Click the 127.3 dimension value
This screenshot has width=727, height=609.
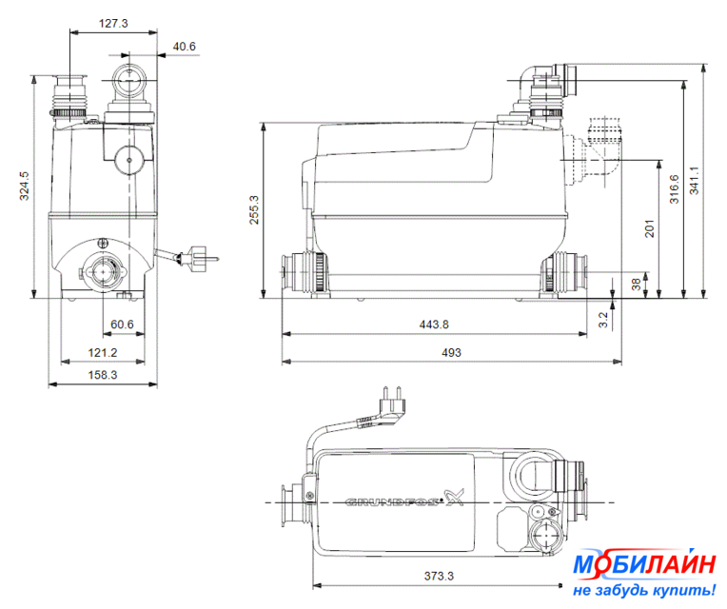coord(113,23)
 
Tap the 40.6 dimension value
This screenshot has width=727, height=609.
coord(184,47)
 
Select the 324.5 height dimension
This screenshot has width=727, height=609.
coord(24,186)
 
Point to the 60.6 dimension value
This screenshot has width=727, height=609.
coord(122,324)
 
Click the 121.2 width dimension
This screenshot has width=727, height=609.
coord(103,353)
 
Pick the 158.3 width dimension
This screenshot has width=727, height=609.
coord(103,375)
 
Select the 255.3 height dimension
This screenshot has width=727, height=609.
coord(254,210)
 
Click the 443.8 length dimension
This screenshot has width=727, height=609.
coord(434,324)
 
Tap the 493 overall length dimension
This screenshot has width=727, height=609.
coord(451,353)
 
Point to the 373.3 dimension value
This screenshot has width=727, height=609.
coord(439,576)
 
